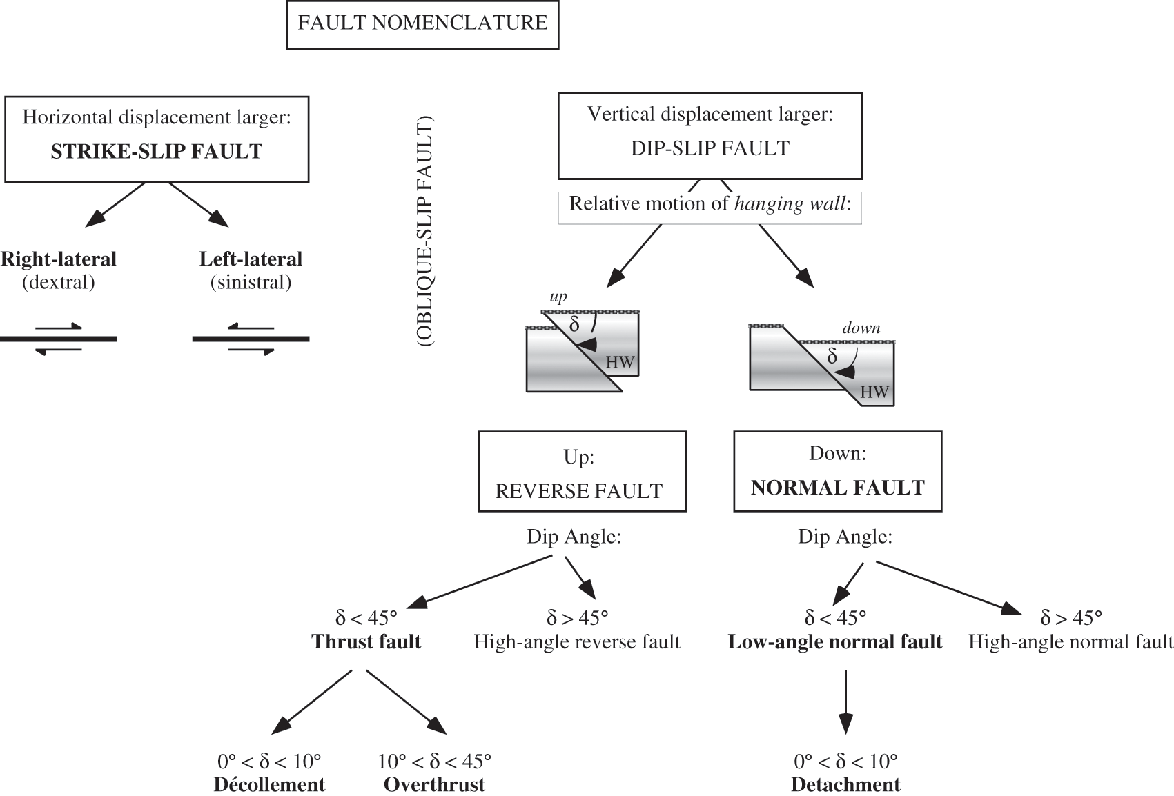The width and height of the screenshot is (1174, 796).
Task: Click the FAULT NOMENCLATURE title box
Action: pos(422,23)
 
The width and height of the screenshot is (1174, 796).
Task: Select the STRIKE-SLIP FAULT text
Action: pos(157,152)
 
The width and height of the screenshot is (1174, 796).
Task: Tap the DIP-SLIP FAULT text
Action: pos(710,148)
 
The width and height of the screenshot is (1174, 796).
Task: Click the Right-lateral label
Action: pos(59,259)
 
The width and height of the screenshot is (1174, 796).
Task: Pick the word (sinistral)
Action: pos(251,282)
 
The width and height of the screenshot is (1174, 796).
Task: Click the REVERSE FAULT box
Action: pos(582,472)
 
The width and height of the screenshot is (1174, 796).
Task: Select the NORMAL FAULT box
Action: pos(837,472)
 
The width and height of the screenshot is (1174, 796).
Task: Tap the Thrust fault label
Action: pos(366,641)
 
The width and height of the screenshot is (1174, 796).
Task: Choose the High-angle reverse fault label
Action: pos(577,642)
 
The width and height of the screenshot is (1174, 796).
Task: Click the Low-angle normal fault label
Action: pos(834,642)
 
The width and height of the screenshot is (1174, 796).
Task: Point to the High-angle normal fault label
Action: pos(1070,642)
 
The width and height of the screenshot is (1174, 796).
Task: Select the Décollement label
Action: pos(269,785)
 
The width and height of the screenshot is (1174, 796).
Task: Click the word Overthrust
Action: pos(434,785)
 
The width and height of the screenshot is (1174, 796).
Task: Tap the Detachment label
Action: pos(845,785)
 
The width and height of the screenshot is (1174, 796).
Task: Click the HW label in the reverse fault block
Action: pos(619,363)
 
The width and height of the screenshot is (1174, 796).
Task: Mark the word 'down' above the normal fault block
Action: pos(861,328)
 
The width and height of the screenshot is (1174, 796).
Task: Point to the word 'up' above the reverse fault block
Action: pos(558,297)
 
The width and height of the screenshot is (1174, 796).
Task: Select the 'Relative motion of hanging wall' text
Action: pos(710,204)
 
